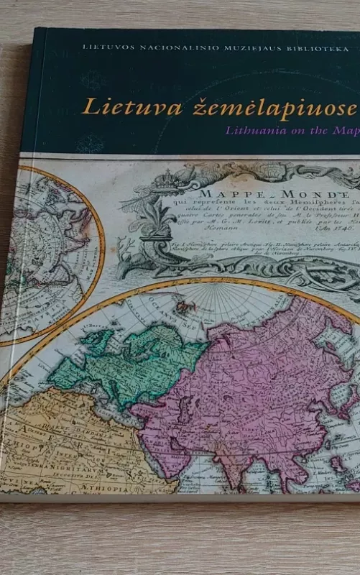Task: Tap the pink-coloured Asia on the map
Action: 259,388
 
